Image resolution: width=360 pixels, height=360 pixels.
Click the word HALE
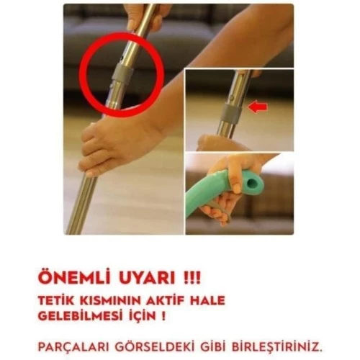208,301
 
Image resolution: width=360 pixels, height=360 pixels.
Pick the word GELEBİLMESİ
79,316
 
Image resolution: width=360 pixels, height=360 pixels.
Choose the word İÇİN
140,316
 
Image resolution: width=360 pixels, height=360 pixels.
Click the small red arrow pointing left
258,107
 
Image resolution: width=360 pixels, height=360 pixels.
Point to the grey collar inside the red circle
122,74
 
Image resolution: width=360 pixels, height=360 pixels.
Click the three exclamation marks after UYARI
192,279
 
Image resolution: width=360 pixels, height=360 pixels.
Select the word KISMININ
109,301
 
